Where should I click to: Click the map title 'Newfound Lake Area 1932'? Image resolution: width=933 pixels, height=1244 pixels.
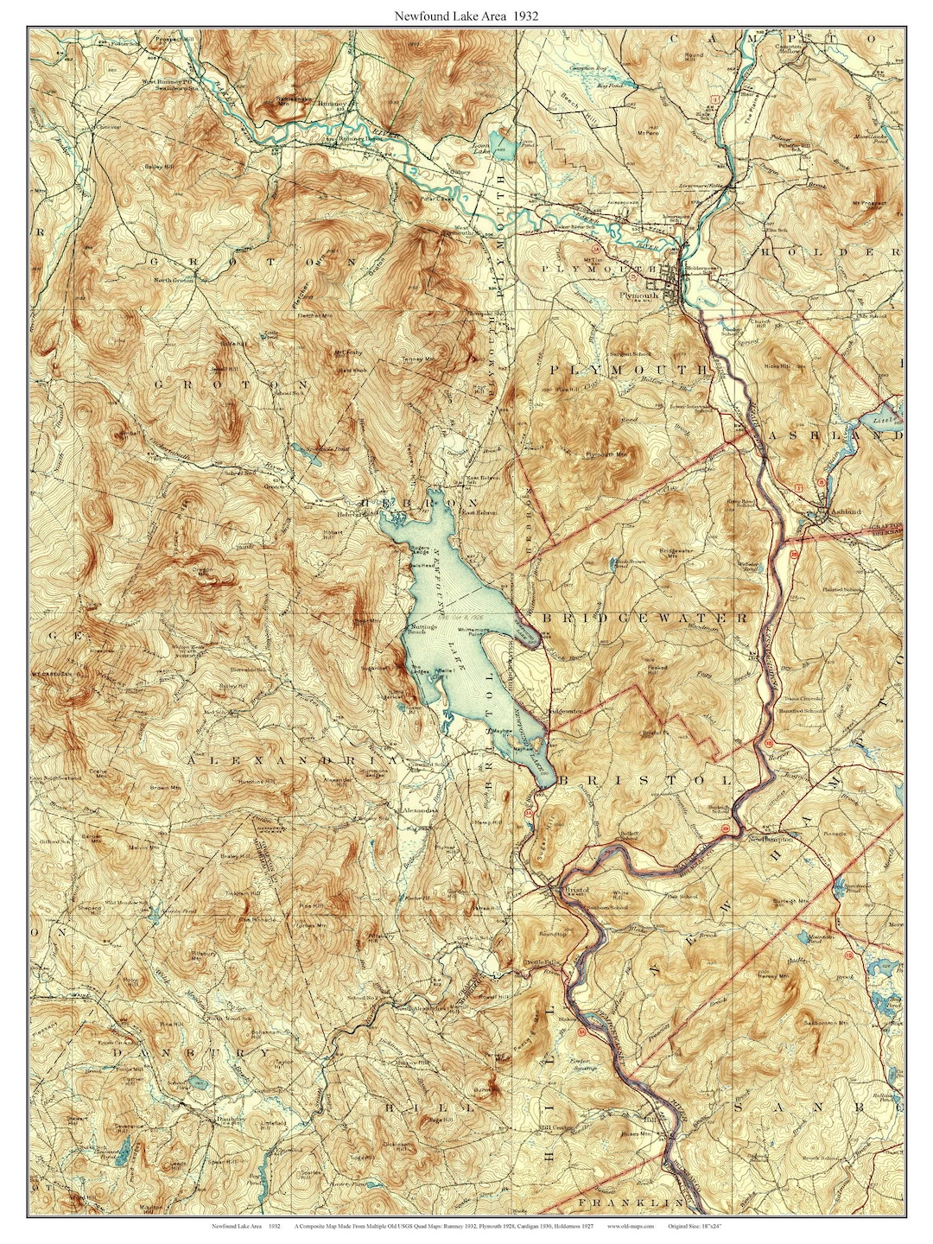(x=467, y=15)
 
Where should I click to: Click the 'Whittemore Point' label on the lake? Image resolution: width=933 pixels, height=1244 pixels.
(x=473, y=632)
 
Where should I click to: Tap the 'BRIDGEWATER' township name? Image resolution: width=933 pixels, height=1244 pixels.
(x=644, y=619)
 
